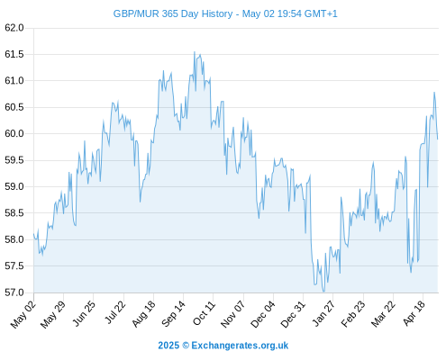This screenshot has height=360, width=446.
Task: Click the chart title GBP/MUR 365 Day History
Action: point(173,13)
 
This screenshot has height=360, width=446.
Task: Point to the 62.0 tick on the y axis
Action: point(14,28)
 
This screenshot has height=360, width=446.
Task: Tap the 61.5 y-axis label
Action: point(14,54)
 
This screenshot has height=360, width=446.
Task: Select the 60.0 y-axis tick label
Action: point(14,133)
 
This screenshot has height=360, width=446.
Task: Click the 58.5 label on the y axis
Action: point(14,213)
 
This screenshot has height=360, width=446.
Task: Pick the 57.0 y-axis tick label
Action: point(14,292)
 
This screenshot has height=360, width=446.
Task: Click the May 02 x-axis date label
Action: point(23,314)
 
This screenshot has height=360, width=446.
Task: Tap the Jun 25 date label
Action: point(84,313)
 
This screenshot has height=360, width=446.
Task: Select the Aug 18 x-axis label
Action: point(143,314)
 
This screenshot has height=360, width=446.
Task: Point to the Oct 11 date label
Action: point(204,313)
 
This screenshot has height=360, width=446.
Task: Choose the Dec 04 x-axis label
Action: point(262,314)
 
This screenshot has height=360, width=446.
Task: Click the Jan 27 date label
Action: point(323,314)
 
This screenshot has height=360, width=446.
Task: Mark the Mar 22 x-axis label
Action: point(383,314)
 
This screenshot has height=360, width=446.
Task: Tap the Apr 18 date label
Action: point(414,313)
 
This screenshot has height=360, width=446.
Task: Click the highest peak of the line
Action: point(195,52)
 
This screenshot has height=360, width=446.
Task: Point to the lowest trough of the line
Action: point(323,292)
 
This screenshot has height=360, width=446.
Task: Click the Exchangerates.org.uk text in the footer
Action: point(240,346)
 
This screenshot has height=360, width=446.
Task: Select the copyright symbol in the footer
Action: point(186,346)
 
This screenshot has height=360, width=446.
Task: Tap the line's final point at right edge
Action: point(438,139)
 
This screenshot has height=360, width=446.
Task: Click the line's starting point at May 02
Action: point(33,234)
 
